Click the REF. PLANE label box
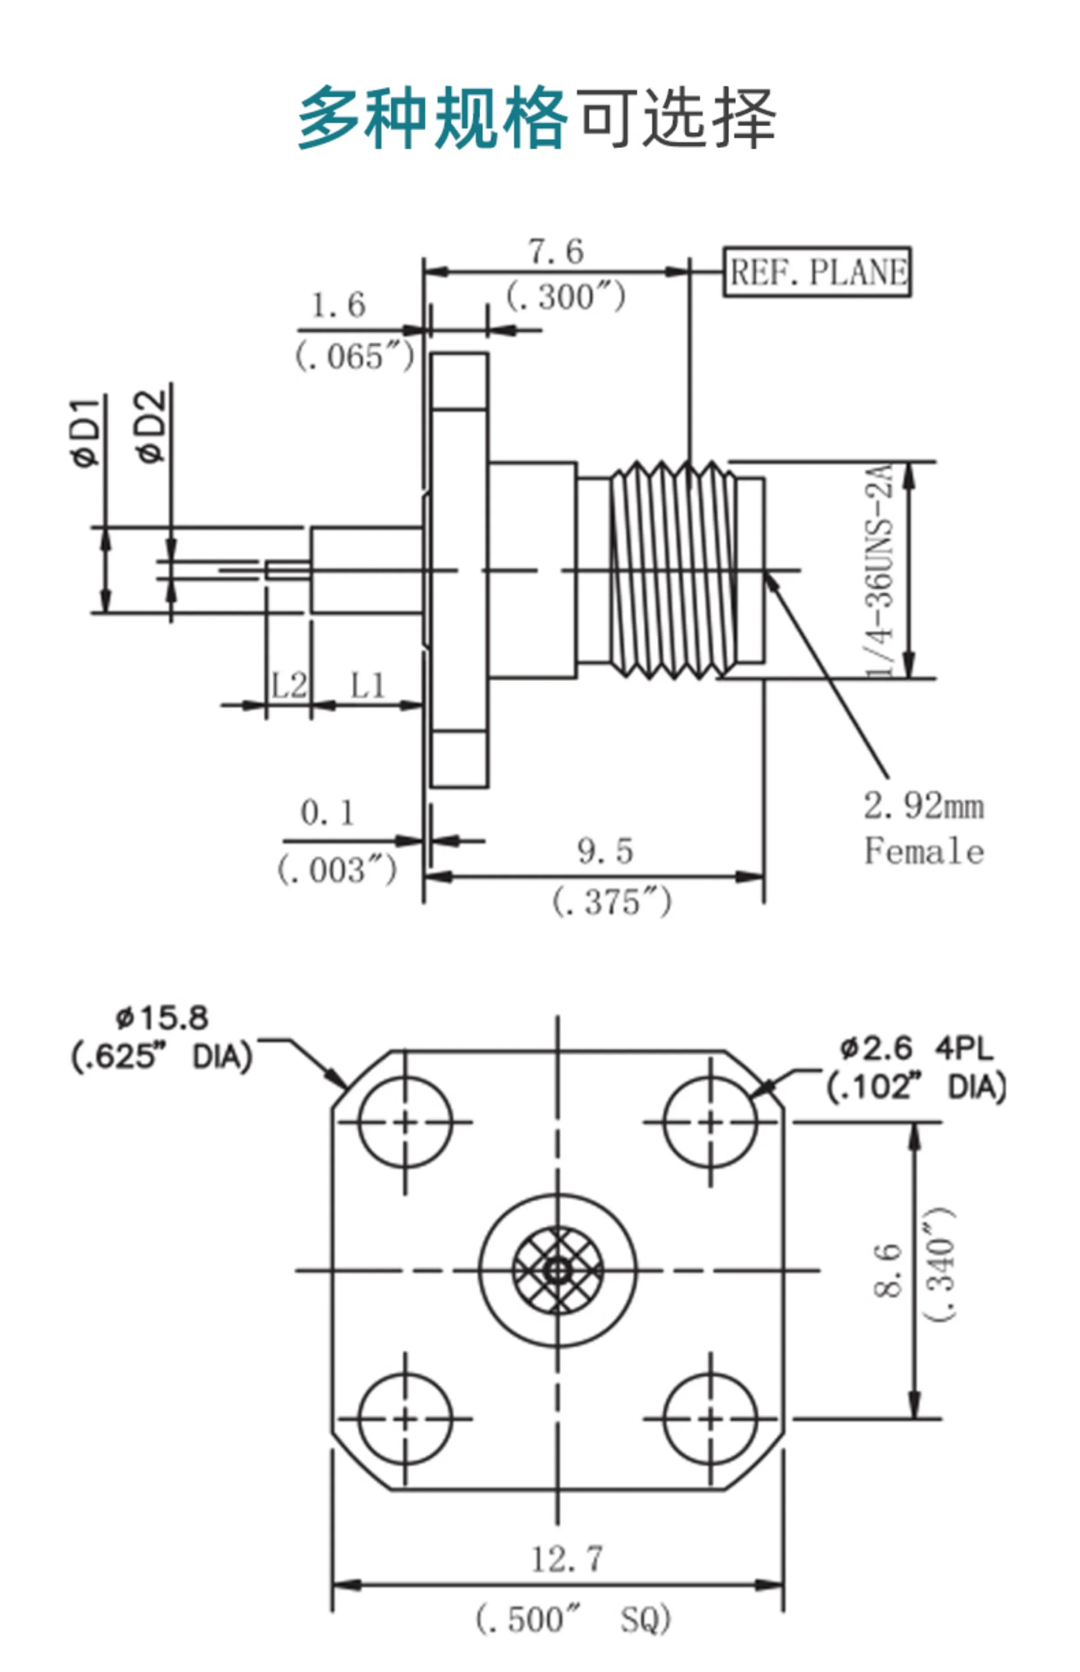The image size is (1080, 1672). click(x=817, y=272)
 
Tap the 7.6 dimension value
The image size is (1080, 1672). click(x=555, y=252)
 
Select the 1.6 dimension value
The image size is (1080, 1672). click(x=338, y=306)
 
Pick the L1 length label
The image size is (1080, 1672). click(x=368, y=686)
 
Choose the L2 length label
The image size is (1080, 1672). click(x=289, y=686)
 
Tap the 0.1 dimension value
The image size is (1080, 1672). click(x=327, y=813)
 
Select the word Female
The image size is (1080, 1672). click(x=924, y=852)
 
